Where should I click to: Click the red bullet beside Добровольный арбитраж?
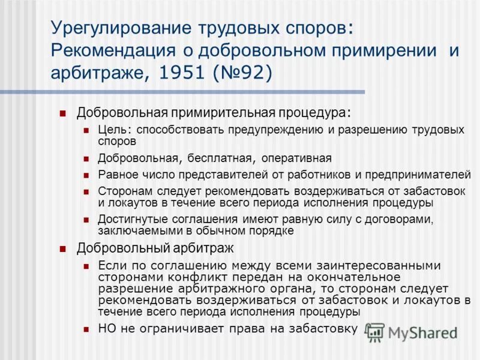click(62, 248)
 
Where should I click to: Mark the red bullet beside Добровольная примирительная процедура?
click(62, 113)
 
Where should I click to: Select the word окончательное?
click(351, 277)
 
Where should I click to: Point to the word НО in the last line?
click(106, 329)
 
